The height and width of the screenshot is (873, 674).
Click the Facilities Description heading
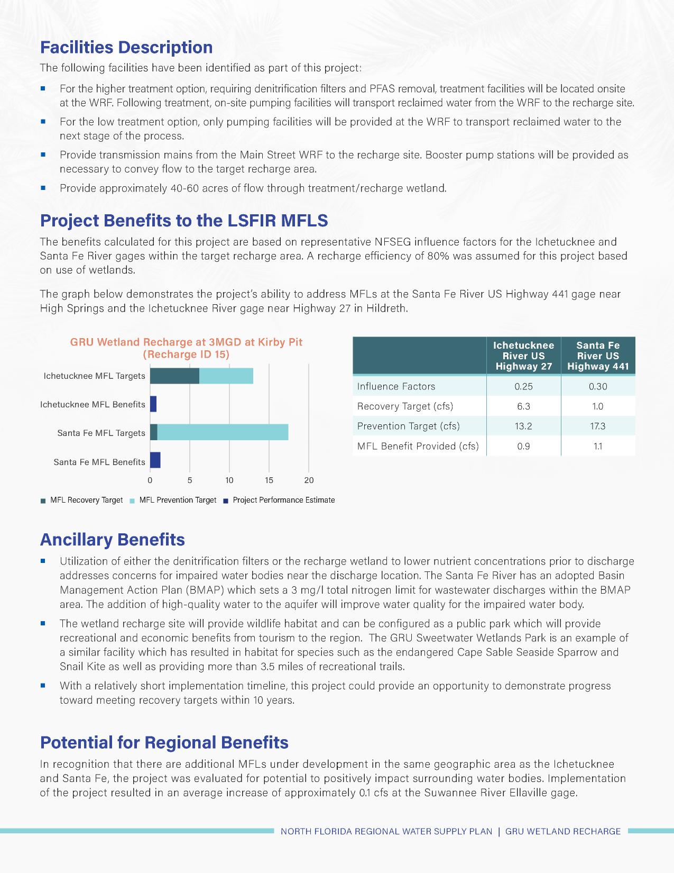click(126, 47)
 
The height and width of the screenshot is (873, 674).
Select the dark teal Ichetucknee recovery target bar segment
click(174, 376)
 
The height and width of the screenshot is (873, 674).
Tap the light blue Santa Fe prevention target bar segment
click(223, 432)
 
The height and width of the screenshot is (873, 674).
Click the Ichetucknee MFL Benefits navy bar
click(153, 404)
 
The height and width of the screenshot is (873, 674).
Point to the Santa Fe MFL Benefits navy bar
click(155, 461)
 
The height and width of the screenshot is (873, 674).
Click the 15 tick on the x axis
click(269, 480)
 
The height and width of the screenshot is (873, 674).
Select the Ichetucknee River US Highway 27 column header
click(523, 356)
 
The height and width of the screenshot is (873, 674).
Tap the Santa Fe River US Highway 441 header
click(598, 356)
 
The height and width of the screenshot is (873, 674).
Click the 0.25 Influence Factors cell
click(523, 386)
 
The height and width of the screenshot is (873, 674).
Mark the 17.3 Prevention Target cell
click(598, 426)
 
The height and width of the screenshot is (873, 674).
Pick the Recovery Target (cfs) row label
click(405, 406)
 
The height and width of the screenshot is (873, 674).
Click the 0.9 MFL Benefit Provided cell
click(523, 446)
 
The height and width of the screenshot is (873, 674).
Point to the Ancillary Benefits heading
click(113, 539)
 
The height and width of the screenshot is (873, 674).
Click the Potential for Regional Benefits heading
click(164, 742)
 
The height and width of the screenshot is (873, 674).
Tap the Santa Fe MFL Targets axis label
click(101, 433)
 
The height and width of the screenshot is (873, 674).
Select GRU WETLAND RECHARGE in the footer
click(562, 831)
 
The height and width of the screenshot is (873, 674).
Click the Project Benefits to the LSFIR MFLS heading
click(184, 220)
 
